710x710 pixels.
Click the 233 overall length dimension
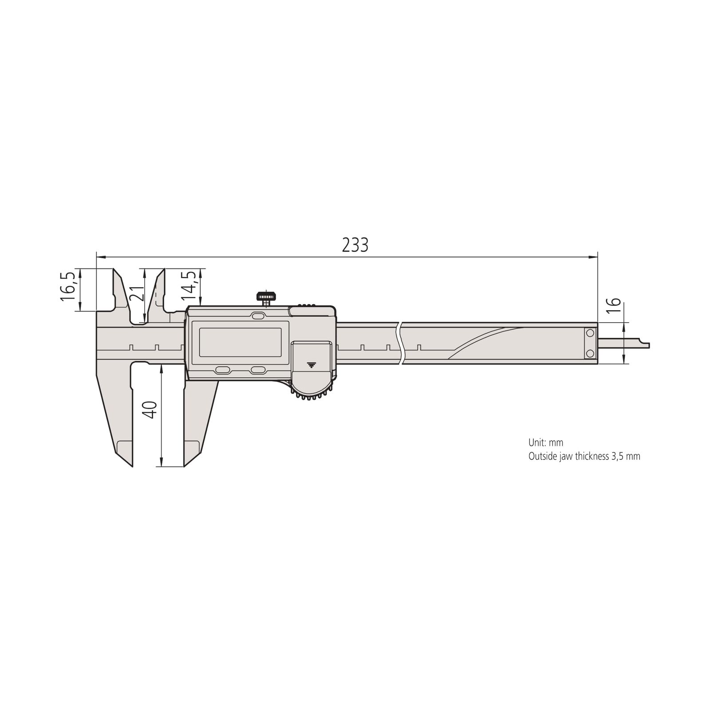click(355, 245)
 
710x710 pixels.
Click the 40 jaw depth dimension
click(151, 410)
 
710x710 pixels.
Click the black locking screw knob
click(265, 296)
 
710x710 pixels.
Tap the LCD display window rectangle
click(240, 342)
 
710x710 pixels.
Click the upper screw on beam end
click(590, 333)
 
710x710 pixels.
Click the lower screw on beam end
click(590, 353)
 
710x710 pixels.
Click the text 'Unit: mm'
click(545, 442)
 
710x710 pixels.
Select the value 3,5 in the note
click(618, 456)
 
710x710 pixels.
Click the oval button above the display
click(257, 316)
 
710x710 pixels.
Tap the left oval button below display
click(222, 370)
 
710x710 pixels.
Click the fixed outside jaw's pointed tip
click(132, 466)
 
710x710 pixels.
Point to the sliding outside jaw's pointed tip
click(185, 466)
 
